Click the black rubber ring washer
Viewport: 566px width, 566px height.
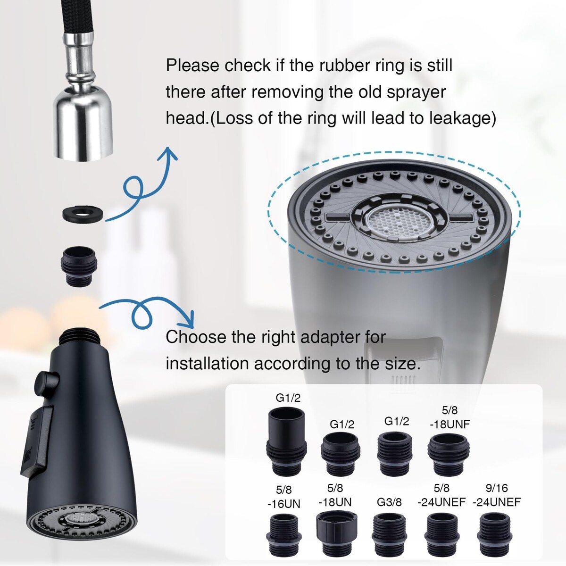[x=83, y=214]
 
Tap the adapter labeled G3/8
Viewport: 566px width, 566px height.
[x=389, y=535]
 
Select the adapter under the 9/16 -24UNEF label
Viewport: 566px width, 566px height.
[x=495, y=535]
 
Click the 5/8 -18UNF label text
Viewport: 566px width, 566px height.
[x=449, y=417]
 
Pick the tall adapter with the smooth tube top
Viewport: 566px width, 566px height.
[x=287, y=441]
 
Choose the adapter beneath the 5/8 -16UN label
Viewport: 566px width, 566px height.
[x=284, y=535]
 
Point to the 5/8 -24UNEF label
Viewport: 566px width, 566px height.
[x=441, y=496]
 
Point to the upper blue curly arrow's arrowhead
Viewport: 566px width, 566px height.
[x=167, y=154]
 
